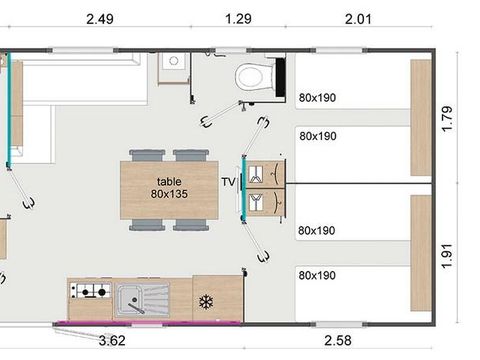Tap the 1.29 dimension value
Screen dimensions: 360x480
pyautogui.click(x=239, y=18)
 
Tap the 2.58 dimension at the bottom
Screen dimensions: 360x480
pyautogui.click(x=338, y=341)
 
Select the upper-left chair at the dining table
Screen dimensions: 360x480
pyautogui.click(x=145, y=155)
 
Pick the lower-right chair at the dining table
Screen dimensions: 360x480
pyautogui.click(x=191, y=225)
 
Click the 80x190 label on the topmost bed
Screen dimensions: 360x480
pyautogui.click(x=316, y=98)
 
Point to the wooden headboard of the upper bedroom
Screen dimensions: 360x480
pyautogui.click(x=420, y=117)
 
